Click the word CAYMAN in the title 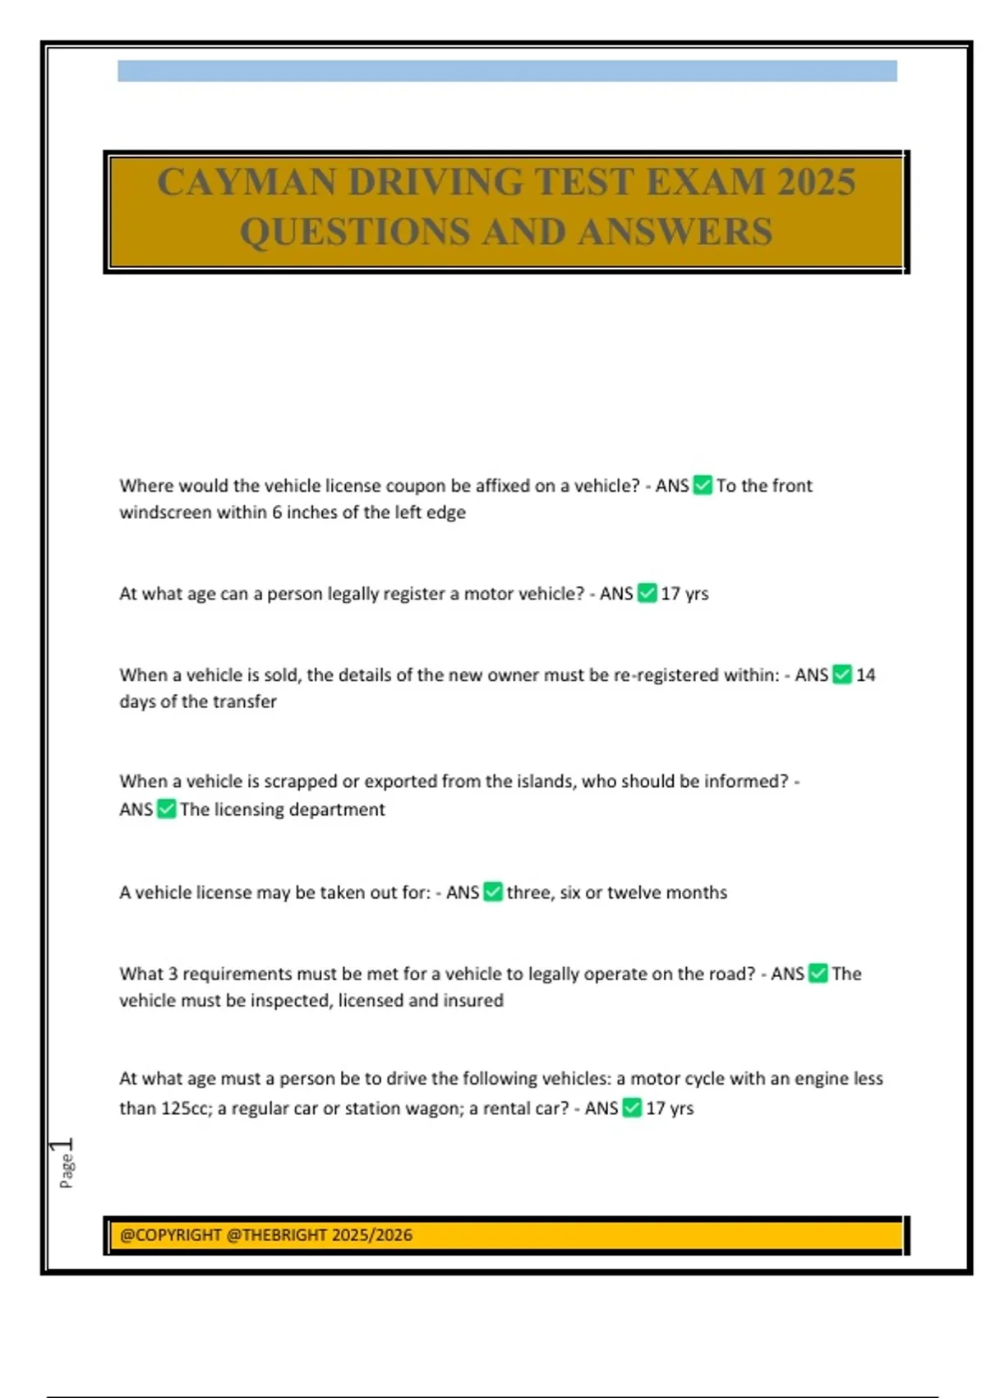pyautogui.click(x=246, y=182)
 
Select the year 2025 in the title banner pyautogui.click(x=817, y=182)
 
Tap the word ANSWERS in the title pyautogui.click(x=675, y=232)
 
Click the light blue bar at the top pyautogui.click(x=507, y=71)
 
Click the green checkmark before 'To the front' pyautogui.click(x=703, y=485)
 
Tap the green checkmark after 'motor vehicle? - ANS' pyautogui.click(x=647, y=593)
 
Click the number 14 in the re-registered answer pyautogui.click(x=865, y=675)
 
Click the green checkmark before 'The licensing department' pyautogui.click(x=167, y=809)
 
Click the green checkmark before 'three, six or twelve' pyautogui.click(x=493, y=892)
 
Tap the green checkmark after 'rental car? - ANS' pyautogui.click(x=632, y=1109)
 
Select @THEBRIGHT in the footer pyautogui.click(x=276, y=1235)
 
